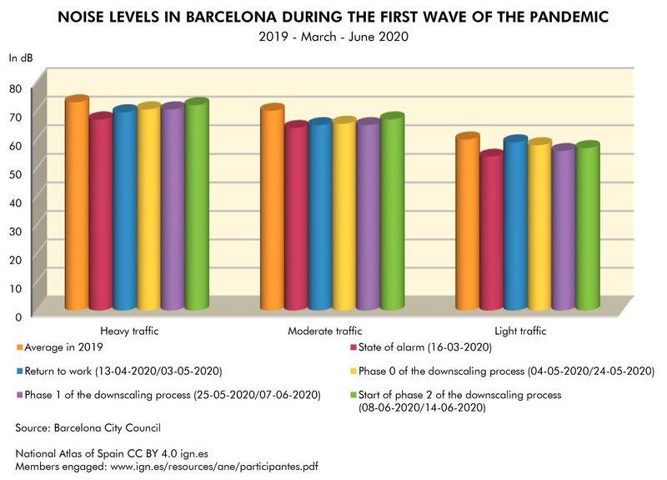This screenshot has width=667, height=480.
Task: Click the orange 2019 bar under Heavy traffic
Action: pyautogui.click(x=77, y=205)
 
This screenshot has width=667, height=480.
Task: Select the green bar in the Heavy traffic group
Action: pyautogui.click(x=197, y=206)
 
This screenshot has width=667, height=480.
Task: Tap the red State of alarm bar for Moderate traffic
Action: pyautogui.click(x=297, y=217)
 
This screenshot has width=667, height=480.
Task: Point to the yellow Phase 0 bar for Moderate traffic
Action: pyautogui.click(x=344, y=215)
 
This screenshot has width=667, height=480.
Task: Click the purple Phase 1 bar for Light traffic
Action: pyautogui.click(x=564, y=229)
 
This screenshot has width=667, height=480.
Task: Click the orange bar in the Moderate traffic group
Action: pyautogui.click(x=273, y=209)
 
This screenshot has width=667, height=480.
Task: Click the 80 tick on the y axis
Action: pyautogui.click(x=16, y=88)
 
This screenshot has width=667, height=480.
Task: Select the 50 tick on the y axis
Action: pyautogui.click(x=16, y=174)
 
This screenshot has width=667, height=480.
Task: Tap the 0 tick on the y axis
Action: pyautogui.click(x=18, y=316)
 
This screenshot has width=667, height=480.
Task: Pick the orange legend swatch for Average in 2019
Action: pyautogui.click(x=18, y=347)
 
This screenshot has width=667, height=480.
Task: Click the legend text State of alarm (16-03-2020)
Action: pyautogui.click(x=424, y=347)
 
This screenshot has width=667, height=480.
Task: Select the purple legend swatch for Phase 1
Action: pyautogui.click(x=18, y=394)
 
